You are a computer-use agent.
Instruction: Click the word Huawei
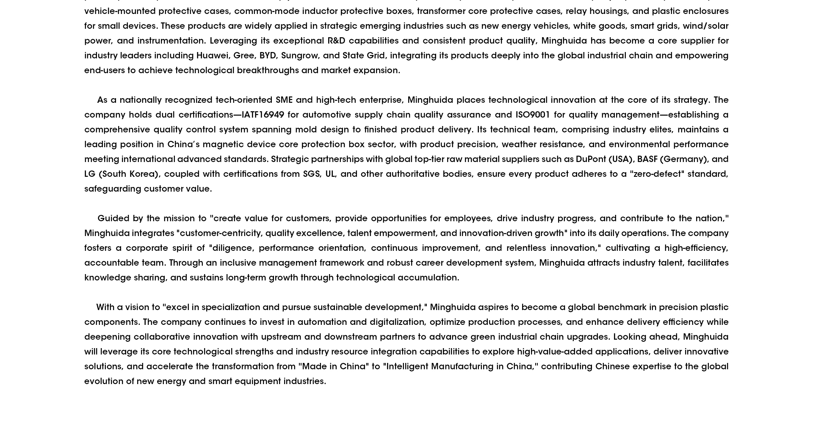(x=212, y=55)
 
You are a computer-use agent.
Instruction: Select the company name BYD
(x=268, y=55)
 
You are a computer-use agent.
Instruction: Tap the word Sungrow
(x=299, y=55)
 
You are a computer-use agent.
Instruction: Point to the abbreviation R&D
(x=336, y=41)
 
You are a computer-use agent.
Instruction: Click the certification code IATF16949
(x=263, y=115)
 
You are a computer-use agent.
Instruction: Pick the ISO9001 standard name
(x=532, y=115)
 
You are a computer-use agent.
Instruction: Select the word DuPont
(x=591, y=159)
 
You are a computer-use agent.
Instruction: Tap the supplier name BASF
(x=647, y=159)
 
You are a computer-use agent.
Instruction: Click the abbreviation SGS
(x=312, y=174)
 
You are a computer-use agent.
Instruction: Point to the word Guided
(x=113, y=218)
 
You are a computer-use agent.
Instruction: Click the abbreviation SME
(x=284, y=100)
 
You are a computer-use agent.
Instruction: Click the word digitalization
(x=397, y=322)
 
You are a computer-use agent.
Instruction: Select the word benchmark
(x=622, y=307)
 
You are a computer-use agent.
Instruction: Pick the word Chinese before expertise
(x=612, y=366)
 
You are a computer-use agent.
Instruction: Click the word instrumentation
(x=171, y=41)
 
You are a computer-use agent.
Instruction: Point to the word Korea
(x=143, y=174)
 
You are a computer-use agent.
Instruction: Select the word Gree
(x=244, y=55)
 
